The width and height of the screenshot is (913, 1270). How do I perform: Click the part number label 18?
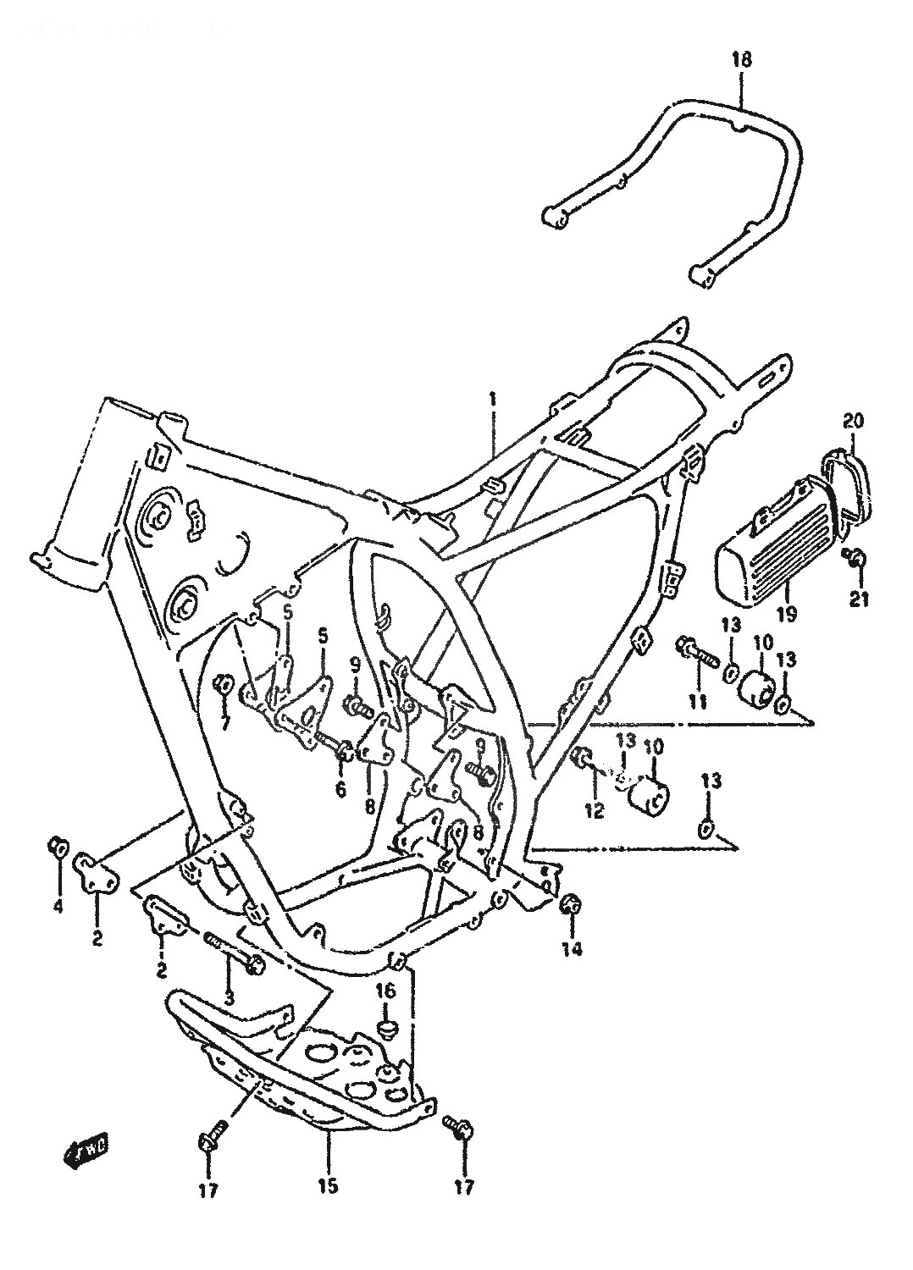point(741,59)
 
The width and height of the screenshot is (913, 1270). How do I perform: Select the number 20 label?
point(852,421)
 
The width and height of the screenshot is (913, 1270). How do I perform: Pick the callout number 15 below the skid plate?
point(328,1186)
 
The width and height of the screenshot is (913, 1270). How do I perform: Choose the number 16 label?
point(385,991)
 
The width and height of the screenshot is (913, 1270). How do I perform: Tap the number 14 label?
point(572,949)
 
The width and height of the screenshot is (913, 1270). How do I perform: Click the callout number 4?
point(58,908)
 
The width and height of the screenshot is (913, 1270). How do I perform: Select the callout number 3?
point(228,997)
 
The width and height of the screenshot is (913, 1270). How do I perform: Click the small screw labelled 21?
point(855,556)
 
